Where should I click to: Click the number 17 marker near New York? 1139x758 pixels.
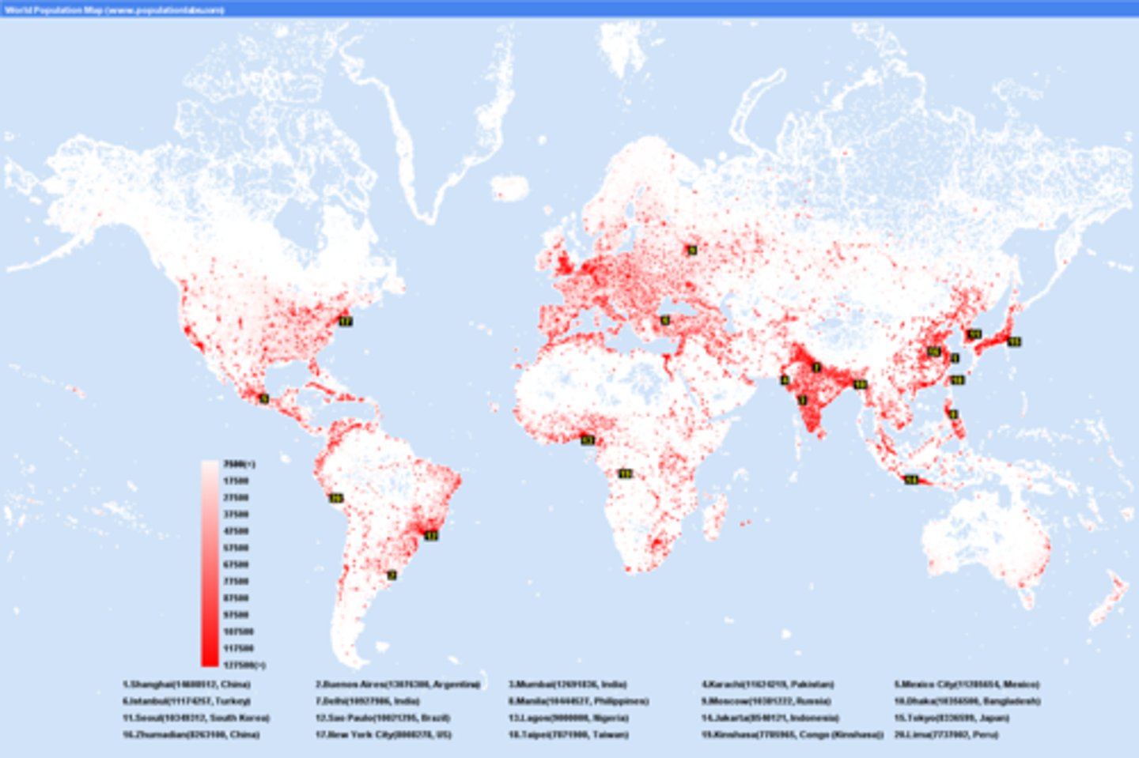click(x=346, y=321)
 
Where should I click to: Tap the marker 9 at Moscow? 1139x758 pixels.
click(x=692, y=250)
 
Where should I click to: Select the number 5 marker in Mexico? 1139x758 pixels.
click(x=264, y=398)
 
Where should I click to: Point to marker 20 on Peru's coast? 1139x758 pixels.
click(x=336, y=498)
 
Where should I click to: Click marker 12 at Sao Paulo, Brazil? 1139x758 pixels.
click(x=431, y=535)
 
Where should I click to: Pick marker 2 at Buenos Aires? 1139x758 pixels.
click(x=391, y=575)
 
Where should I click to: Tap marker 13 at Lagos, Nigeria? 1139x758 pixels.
click(x=587, y=440)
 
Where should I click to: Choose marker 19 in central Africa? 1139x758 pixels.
click(x=625, y=473)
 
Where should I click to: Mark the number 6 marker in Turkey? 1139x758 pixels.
click(x=665, y=320)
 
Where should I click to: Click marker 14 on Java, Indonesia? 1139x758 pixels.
click(x=911, y=480)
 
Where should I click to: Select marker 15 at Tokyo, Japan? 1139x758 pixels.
click(x=1014, y=341)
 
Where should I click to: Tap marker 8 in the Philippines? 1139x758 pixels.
click(x=953, y=414)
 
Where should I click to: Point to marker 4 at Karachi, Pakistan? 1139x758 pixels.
click(x=785, y=380)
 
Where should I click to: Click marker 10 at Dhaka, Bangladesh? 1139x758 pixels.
click(x=860, y=384)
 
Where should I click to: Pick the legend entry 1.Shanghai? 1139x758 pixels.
click(x=186, y=684)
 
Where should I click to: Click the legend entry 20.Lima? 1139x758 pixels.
click(x=946, y=735)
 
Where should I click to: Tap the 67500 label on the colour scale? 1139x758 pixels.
click(x=236, y=564)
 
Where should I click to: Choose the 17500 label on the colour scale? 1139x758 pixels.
click(x=236, y=481)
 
